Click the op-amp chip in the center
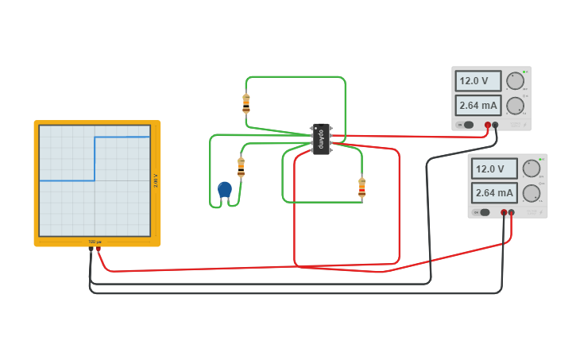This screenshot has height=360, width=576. tap(322, 138)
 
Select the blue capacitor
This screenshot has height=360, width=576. tap(225, 190)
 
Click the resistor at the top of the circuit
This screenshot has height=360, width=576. tap(246, 103)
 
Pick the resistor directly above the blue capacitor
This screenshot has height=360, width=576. tap(242, 167)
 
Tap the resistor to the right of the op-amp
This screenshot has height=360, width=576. tap(362, 188)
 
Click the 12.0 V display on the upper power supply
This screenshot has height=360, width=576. tap(478, 81)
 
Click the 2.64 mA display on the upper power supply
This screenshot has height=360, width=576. tap(478, 105)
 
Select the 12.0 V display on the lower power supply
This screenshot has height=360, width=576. tap(494, 168)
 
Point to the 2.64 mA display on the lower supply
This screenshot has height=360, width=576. tap(494, 192)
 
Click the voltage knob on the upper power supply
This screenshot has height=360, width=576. tap(516, 81)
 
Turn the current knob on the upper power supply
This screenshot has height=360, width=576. tap(516, 105)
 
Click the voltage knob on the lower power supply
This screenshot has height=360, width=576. tap(532, 168)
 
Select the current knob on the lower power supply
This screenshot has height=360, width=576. tap(532, 192)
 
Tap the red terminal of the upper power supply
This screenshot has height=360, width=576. tap(488, 125)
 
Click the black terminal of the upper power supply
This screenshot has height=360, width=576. tap(495, 125)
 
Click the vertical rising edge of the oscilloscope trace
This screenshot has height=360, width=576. tap(95, 159)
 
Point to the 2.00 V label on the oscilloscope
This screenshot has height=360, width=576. tap(155, 180)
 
